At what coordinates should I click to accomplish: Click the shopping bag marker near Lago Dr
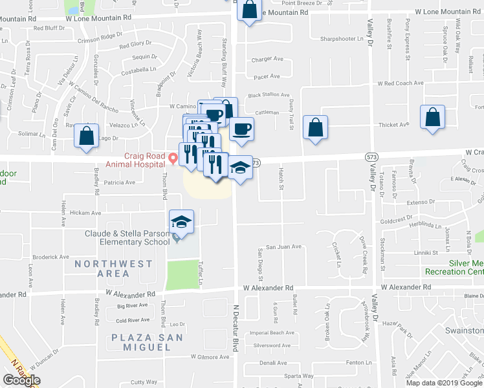coord(86,136)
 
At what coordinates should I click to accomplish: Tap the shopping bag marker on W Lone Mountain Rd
coord(248,10)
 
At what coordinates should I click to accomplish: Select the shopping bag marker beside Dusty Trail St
coord(315,127)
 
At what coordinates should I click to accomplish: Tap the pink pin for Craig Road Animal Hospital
coord(172,158)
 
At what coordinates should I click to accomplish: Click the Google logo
coord(21,380)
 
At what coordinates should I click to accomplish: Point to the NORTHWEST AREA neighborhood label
coord(113,268)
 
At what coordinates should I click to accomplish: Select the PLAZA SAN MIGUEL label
coord(140,342)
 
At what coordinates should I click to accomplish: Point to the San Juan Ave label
coord(285,246)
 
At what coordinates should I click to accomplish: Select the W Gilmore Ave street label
coord(210,356)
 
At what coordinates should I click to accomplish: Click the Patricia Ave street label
coord(119,182)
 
